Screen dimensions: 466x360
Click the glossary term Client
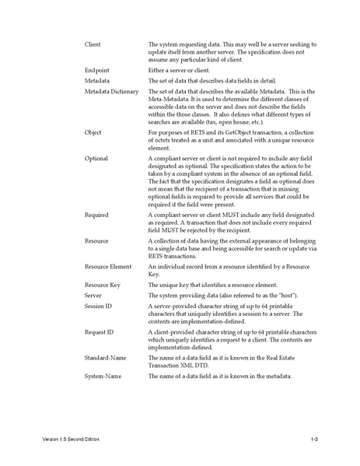[x=93, y=45]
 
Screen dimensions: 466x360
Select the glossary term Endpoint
[x=96, y=70]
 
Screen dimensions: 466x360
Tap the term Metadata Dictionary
[x=111, y=92]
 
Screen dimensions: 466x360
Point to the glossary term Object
[x=93, y=132]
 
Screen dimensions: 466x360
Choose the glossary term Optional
[x=96, y=159]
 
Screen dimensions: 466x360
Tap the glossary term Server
[x=93, y=296]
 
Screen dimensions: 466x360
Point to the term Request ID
[x=99, y=332]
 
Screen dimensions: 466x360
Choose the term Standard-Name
[x=107, y=358]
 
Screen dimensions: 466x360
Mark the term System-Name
[x=104, y=377]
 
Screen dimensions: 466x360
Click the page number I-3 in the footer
[x=315, y=440]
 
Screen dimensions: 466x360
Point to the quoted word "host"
[x=287, y=296]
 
